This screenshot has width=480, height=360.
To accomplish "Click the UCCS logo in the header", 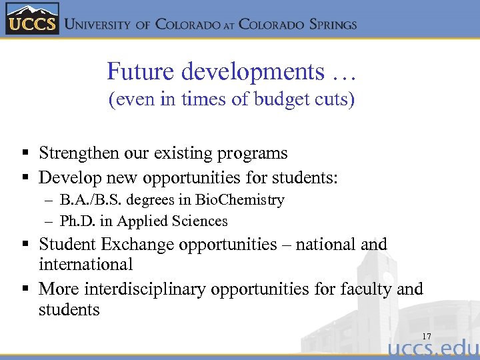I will (32, 19).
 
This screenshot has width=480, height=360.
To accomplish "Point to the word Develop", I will (65, 177).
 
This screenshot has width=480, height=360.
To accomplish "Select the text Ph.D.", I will (75, 221).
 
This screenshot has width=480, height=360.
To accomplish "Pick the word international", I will (86, 264).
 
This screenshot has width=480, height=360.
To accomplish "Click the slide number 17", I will (426, 336).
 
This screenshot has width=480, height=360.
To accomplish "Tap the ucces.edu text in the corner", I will (433, 349).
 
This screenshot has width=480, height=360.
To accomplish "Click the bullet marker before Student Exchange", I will (24, 245).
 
